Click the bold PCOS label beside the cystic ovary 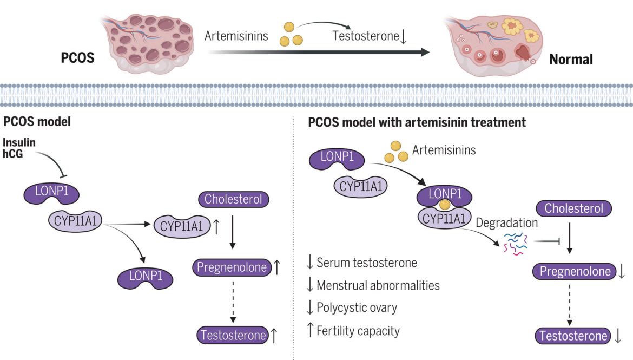[78, 57]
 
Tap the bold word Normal [571, 58]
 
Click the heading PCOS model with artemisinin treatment [417, 122]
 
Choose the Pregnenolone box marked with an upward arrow [232, 267]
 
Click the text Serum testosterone [366, 263]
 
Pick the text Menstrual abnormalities [378, 285]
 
